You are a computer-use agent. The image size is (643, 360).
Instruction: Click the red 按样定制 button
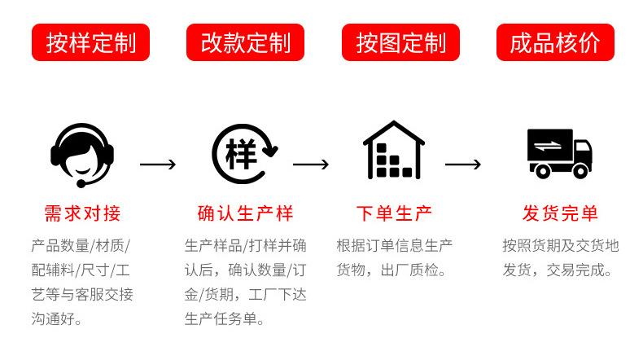click(90, 42)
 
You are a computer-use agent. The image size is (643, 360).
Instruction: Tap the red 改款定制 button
click(245, 42)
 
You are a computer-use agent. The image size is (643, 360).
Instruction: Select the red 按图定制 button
click(400, 42)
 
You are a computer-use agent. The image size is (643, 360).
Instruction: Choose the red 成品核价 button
click(555, 42)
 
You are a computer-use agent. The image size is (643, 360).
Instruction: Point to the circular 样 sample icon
click(245, 154)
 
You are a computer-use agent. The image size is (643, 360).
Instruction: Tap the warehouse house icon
click(394, 150)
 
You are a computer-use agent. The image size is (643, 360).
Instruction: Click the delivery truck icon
click(559, 153)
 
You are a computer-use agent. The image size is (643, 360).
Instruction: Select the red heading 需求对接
click(82, 213)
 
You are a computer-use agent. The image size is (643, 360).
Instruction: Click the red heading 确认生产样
click(245, 213)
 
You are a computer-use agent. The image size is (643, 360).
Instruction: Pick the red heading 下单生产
click(394, 213)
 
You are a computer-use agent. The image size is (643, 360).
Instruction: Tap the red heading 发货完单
click(560, 213)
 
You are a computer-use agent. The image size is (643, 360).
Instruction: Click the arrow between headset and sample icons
click(158, 165)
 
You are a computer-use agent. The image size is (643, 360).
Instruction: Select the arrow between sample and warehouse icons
click(311, 165)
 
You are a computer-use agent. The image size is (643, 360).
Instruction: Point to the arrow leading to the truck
click(463, 165)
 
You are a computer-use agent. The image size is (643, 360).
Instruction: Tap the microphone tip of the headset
click(81, 184)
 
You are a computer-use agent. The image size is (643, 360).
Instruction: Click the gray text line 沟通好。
click(57, 318)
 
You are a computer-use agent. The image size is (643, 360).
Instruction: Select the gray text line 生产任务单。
click(225, 318)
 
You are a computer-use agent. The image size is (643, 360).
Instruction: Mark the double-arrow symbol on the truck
click(548, 146)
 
